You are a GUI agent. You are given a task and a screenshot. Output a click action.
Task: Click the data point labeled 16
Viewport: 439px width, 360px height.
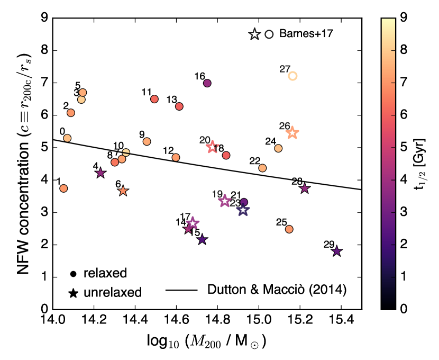[207, 83]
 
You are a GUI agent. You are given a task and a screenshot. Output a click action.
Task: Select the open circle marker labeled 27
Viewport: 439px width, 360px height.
[292, 76]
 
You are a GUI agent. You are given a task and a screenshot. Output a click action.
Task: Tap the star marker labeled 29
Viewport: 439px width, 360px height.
[336, 251]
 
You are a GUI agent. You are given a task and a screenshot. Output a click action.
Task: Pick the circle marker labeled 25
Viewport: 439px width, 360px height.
[289, 229]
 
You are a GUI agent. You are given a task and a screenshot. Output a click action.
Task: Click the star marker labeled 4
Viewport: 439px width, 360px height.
[100, 173]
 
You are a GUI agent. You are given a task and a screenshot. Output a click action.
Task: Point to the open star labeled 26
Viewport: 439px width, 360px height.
[292, 133]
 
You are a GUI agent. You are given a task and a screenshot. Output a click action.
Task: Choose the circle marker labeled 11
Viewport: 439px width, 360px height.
[154, 99]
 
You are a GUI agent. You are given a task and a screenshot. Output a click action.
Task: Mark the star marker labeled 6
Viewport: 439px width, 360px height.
[123, 191]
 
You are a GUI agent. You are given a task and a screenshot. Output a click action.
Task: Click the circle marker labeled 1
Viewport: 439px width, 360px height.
[63, 188]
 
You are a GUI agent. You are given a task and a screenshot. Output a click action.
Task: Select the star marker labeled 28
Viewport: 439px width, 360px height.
[305, 188]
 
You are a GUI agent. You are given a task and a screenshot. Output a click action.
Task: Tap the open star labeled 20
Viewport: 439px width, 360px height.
[212, 147]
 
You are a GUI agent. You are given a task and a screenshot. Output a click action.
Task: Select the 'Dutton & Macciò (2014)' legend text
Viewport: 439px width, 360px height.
[277, 290]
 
